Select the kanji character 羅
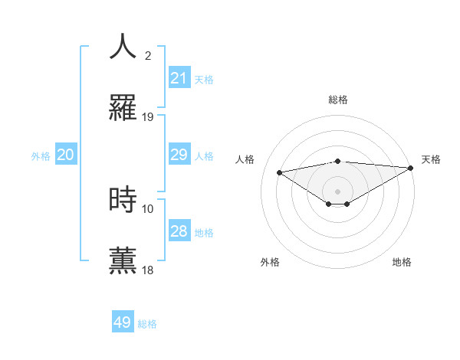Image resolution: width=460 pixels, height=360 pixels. point(123,108)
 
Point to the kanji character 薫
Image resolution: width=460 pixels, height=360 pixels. point(123,260)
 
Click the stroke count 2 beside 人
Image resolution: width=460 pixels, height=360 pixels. point(148,55)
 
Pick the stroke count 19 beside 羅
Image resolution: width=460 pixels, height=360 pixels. point(148,117)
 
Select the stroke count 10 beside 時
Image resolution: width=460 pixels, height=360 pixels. point(148,208)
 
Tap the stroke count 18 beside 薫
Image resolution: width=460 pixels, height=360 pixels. point(148,270)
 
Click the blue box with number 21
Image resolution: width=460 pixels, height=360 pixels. point(179,78)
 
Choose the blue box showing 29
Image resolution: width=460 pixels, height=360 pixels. point(179,155)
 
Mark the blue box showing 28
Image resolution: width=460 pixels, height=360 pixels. point(179,231)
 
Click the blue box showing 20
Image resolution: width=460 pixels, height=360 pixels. point(66,155)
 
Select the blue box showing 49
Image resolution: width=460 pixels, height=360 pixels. point(123,322)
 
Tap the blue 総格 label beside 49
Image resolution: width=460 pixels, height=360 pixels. point(148,324)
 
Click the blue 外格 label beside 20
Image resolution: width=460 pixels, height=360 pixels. point(41,156)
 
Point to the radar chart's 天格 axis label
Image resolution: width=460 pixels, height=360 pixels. point(431,159)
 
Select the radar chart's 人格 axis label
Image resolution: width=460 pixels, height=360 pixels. point(245,159)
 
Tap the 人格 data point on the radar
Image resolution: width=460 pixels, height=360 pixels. point(280,172)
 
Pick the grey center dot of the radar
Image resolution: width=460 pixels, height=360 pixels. point(338,191)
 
